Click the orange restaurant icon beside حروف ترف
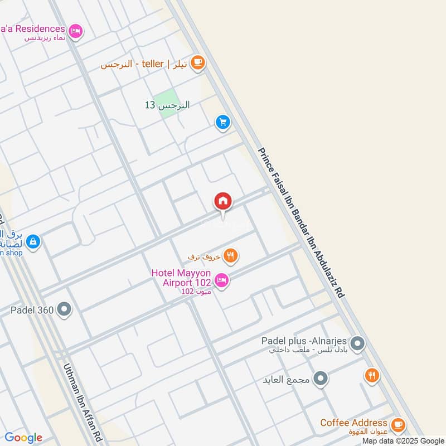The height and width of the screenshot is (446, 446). pyautogui.click(x=230, y=256)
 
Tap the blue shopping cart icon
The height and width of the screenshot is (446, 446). pyautogui.click(x=223, y=122)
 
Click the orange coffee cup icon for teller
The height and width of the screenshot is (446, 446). pyautogui.click(x=197, y=64)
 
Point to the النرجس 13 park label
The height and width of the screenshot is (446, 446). pyautogui.click(x=167, y=105)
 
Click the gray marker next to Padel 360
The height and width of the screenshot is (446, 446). pyautogui.click(x=65, y=309)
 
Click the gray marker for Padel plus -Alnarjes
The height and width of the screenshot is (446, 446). pyautogui.click(x=358, y=344)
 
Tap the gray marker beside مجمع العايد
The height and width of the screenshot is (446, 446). pyautogui.click(x=320, y=380)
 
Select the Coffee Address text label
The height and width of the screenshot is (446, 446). pyautogui.click(x=353, y=423)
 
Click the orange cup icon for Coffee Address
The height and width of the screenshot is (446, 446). pyautogui.click(x=397, y=425)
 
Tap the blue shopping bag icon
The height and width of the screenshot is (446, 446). pyautogui.click(x=33, y=242)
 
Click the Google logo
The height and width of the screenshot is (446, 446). pyautogui.click(x=23, y=438)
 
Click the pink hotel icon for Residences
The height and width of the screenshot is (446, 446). pyautogui.click(x=76, y=31)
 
